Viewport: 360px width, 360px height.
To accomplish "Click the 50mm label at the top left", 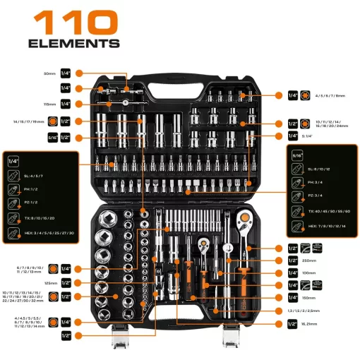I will click(49, 73).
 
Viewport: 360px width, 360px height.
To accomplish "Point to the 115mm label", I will click(48, 104).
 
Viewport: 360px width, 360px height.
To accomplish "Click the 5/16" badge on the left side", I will click(52, 137).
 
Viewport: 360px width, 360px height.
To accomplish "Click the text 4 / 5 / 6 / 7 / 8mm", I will click(330, 95).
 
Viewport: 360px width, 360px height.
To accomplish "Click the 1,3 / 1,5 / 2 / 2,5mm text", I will click(324, 311).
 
